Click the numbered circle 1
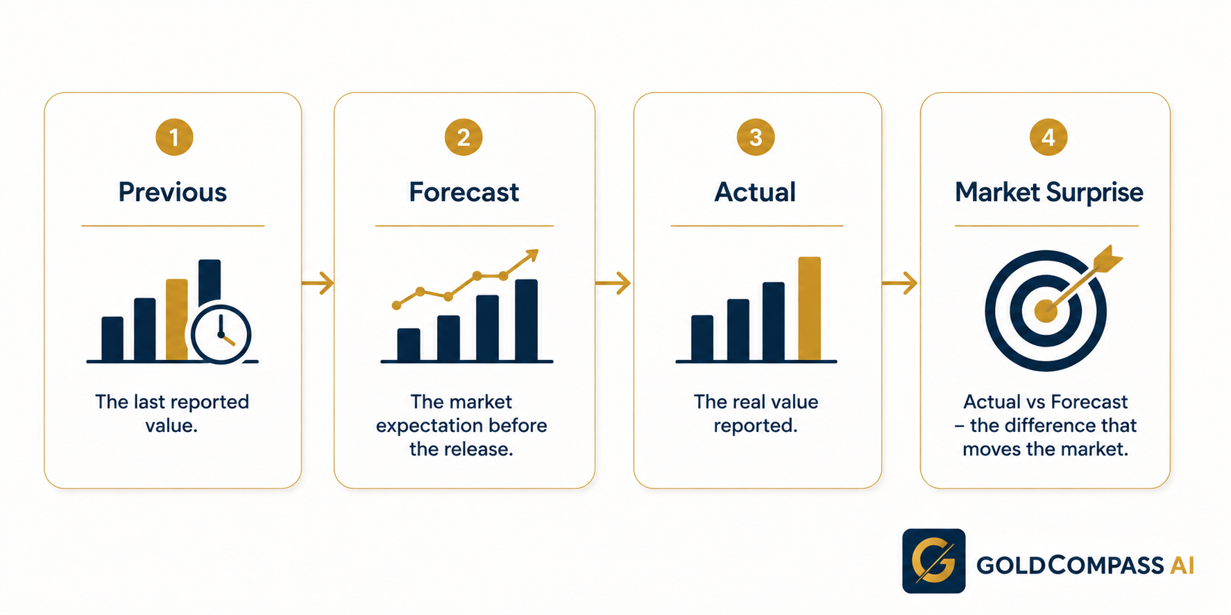(x=174, y=137)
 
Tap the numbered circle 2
(x=464, y=137)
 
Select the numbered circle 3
(x=756, y=137)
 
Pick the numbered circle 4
(x=1049, y=137)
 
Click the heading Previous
(x=173, y=192)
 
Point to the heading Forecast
(x=464, y=192)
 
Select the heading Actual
(x=756, y=192)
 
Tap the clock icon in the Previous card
(x=221, y=334)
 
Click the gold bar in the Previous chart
(x=177, y=320)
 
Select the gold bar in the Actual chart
(x=810, y=309)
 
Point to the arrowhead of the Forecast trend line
(x=532, y=255)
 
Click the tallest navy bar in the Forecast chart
(x=527, y=320)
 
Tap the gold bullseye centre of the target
(x=1046, y=311)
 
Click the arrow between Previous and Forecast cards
(x=319, y=283)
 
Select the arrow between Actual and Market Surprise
(x=900, y=283)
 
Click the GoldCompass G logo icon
(x=934, y=561)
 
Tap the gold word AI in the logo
(x=1182, y=566)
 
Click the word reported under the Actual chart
(x=756, y=426)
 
